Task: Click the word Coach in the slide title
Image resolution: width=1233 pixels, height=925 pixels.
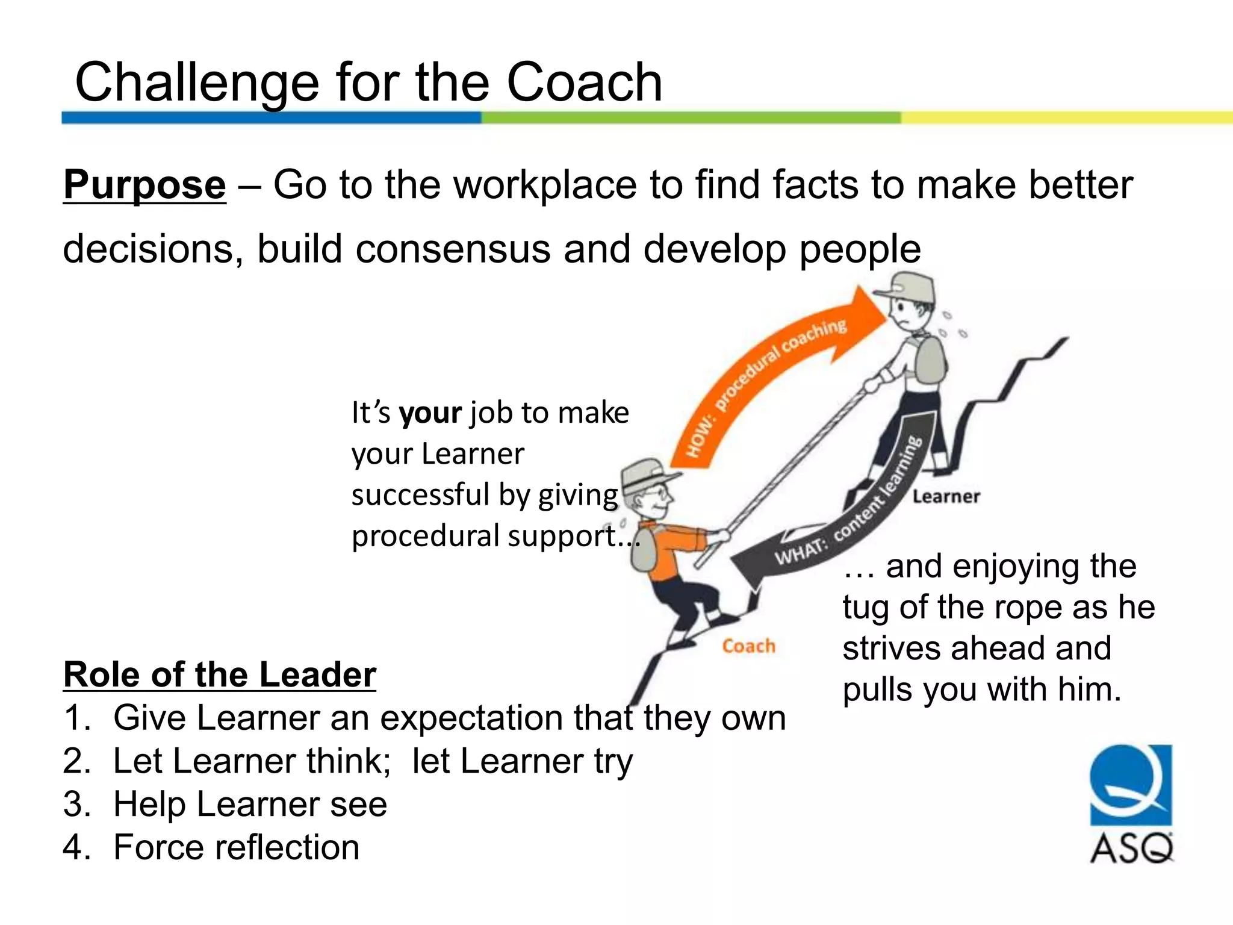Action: tap(584, 83)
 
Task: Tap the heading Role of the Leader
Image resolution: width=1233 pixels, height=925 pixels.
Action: tap(219, 674)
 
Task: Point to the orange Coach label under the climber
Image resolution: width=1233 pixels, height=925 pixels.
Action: tap(748, 646)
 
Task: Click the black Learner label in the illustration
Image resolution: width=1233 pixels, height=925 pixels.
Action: tap(946, 497)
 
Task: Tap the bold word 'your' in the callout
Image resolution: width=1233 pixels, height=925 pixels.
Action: tap(430, 413)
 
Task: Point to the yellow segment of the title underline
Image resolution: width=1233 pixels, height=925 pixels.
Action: tap(1066, 117)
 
